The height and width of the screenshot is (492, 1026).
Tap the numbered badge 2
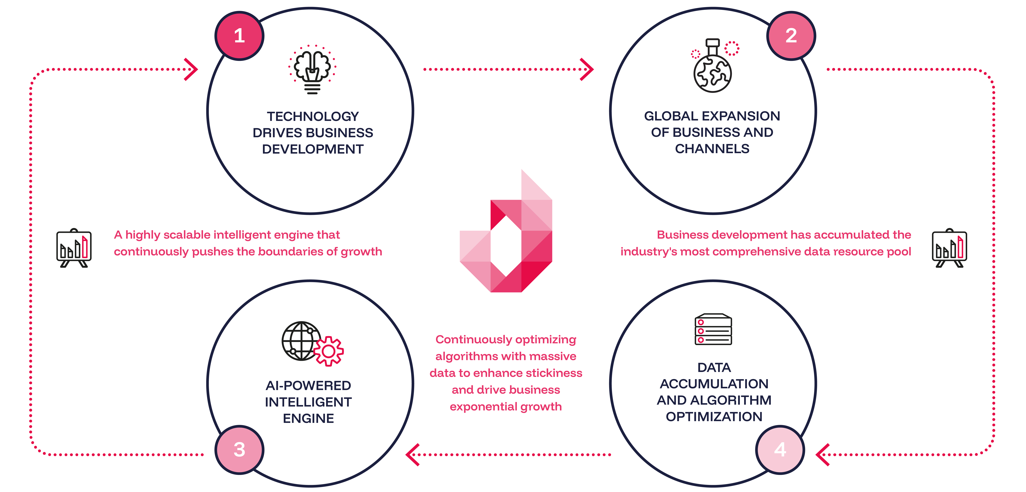click(x=791, y=36)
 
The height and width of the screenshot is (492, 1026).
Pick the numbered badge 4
click(x=780, y=450)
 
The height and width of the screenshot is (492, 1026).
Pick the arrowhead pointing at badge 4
click(x=822, y=455)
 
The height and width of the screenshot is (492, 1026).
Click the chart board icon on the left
click(x=74, y=248)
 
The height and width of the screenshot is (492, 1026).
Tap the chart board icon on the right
click(x=950, y=248)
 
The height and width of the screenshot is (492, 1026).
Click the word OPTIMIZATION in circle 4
click(x=714, y=417)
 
